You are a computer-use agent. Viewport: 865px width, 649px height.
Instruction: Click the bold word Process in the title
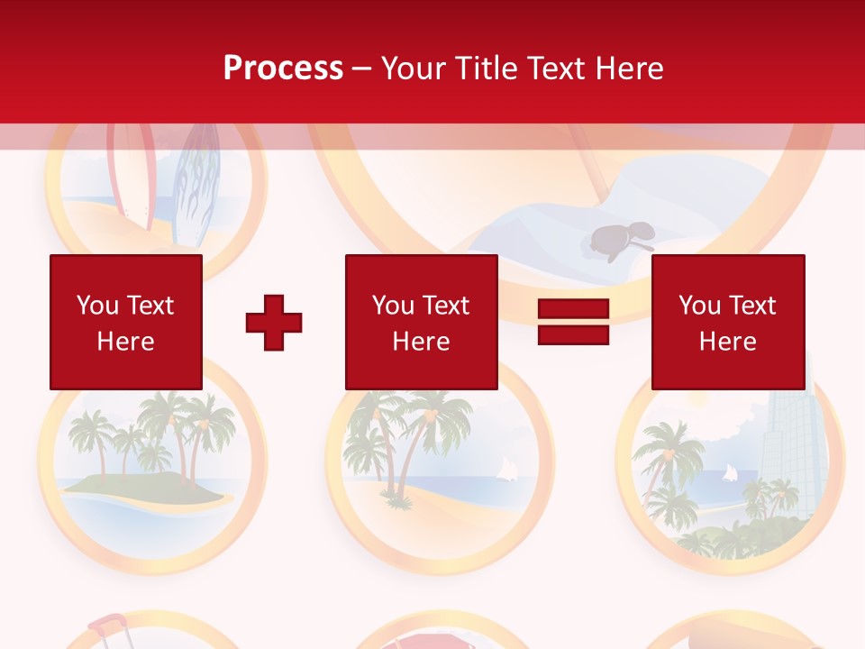click(x=283, y=69)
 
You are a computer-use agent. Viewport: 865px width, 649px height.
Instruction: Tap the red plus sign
click(x=274, y=323)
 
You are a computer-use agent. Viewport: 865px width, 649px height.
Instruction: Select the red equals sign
click(x=573, y=322)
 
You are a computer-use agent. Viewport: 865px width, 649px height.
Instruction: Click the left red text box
click(x=125, y=322)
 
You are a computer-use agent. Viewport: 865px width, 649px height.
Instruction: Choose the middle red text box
click(x=421, y=322)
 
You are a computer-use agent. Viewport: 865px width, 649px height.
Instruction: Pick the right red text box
click(x=727, y=322)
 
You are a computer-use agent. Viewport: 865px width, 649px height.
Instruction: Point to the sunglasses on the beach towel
click(x=622, y=239)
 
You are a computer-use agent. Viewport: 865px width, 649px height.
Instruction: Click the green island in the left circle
click(x=144, y=487)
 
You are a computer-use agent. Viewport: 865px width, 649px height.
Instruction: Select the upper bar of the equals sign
click(x=573, y=309)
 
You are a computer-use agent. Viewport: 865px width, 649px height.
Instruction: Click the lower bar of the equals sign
click(x=573, y=334)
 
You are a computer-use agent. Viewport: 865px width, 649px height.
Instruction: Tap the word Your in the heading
click(x=414, y=69)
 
